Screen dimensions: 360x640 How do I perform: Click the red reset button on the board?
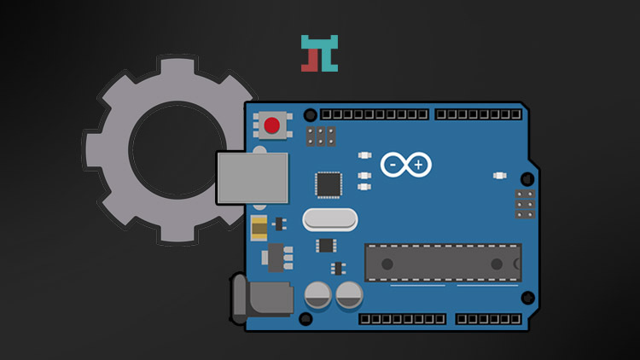coord(272,126)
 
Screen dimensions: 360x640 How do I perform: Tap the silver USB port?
coord(253,178)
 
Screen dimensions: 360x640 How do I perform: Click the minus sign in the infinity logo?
coord(395,164)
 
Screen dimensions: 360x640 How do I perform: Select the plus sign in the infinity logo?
coord(418,164)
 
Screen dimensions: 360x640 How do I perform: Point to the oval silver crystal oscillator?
coord(329,219)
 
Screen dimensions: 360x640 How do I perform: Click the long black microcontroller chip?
coord(443,262)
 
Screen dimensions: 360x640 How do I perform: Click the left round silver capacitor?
coord(318,296)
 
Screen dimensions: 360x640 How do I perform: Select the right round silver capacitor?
coord(349,296)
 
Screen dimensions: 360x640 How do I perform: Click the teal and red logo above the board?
coord(320,53)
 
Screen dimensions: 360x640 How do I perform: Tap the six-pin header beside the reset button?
coord(321,136)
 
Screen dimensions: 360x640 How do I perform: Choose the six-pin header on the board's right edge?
coord(525,204)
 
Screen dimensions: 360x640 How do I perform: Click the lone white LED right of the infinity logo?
coord(500,176)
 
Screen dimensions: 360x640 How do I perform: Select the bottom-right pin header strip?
coord(488,319)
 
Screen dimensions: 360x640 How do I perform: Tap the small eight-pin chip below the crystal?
coord(326,246)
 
